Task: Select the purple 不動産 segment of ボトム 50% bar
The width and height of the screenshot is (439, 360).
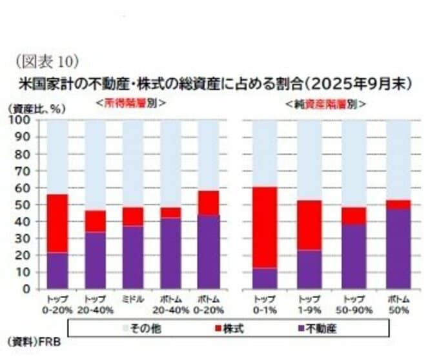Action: point(398,248)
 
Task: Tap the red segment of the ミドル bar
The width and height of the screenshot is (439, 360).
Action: point(133,216)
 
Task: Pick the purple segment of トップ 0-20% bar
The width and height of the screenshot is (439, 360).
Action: point(57,270)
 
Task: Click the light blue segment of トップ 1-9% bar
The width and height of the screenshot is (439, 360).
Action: point(309,160)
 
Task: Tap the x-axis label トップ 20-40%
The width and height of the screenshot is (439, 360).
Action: point(95,305)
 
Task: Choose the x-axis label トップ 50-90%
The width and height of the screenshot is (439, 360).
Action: point(353,305)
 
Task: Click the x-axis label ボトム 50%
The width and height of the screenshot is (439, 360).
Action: point(398,305)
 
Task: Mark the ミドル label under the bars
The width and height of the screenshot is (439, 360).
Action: point(133,299)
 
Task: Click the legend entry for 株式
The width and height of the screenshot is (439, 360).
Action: point(240,329)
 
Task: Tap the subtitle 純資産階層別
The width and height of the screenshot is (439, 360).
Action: point(325,103)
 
